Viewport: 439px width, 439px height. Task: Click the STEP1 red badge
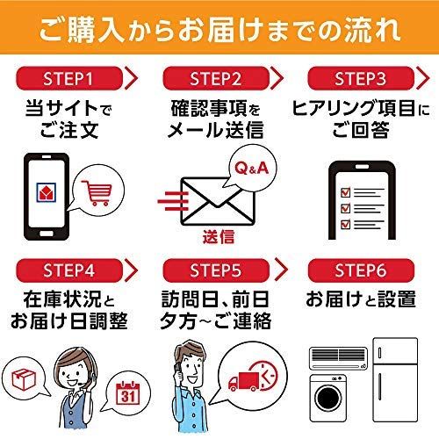(x=69, y=78)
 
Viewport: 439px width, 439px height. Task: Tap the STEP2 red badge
(x=216, y=78)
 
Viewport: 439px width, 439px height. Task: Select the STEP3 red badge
(x=361, y=78)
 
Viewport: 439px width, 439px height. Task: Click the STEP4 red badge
(x=69, y=270)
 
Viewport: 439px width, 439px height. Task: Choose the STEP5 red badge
(x=216, y=270)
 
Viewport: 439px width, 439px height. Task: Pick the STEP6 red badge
(x=361, y=270)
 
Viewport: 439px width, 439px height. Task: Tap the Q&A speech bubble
(x=252, y=168)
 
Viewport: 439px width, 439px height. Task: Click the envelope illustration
(x=218, y=201)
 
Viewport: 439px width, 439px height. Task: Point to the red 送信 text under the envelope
(x=219, y=236)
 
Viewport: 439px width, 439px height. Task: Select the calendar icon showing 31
(x=128, y=393)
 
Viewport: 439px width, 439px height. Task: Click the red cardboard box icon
(x=24, y=379)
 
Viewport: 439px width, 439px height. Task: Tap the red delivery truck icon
(x=243, y=381)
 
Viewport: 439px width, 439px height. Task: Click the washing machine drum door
(x=328, y=398)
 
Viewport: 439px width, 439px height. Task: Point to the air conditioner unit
(x=339, y=358)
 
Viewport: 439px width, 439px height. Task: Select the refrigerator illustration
(x=395, y=379)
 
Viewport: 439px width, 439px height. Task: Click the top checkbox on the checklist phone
(x=346, y=192)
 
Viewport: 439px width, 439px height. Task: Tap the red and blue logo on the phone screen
(x=47, y=192)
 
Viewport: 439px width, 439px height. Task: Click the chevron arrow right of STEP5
(x=282, y=270)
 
